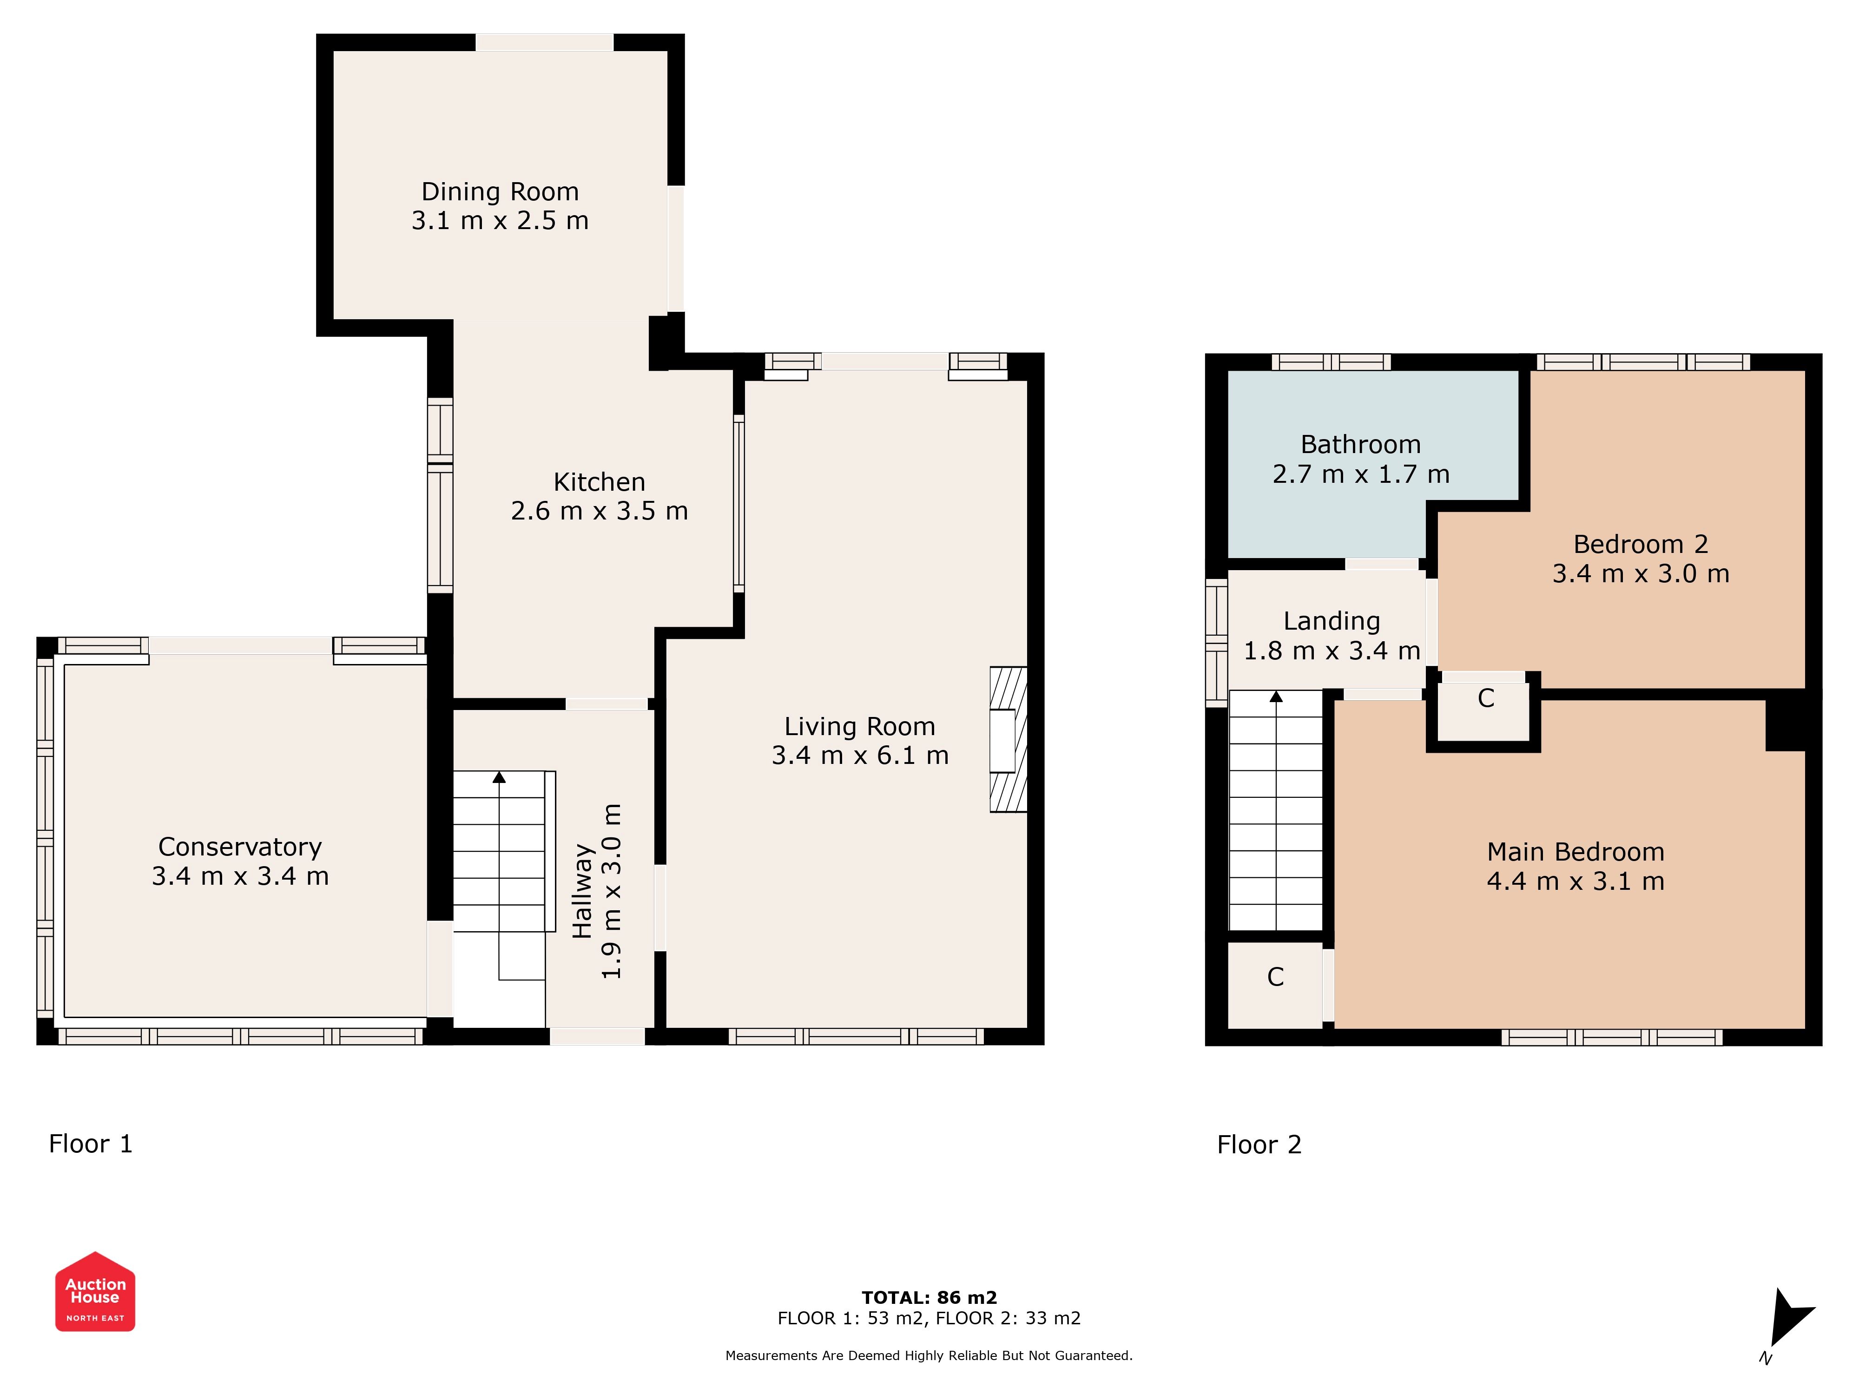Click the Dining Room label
click(x=500, y=191)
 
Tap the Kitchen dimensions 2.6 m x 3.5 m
click(x=599, y=511)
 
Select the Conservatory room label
click(x=240, y=847)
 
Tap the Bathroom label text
click(x=1361, y=445)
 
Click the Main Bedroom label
click(x=1576, y=852)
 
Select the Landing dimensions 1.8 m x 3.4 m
click(x=1332, y=651)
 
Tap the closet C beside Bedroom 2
click(x=1486, y=698)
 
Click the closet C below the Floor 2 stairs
click(x=1276, y=977)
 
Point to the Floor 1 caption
click(x=91, y=1144)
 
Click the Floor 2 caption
click(x=1259, y=1144)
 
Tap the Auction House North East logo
click(x=95, y=1291)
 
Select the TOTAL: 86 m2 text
click(x=929, y=1297)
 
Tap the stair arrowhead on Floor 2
click(x=1276, y=696)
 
